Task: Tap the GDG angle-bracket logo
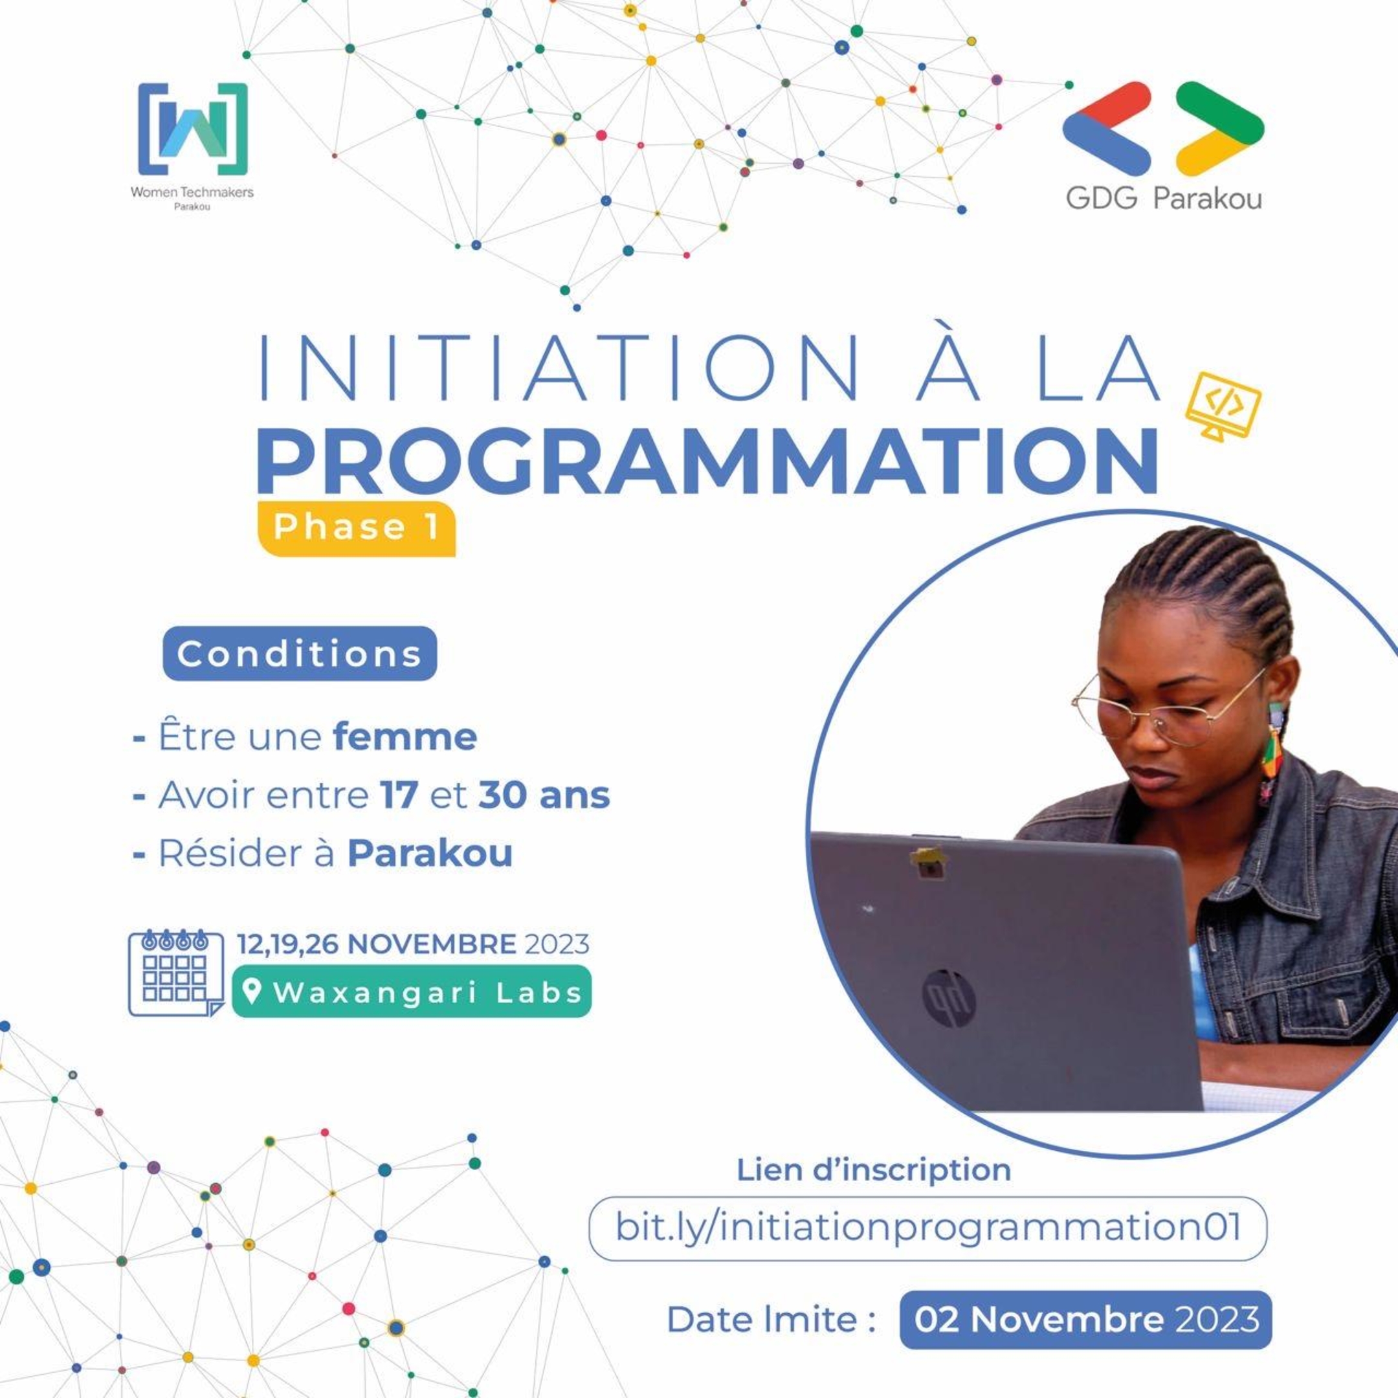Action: click(x=1163, y=128)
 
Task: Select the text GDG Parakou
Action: click(x=1164, y=197)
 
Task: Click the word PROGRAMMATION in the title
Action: click(x=707, y=461)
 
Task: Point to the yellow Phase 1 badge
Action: click(x=356, y=527)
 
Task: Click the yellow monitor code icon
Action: click(x=1223, y=405)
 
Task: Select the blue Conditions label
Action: click(x=300, y=654)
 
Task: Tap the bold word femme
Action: click(x=405, y=737)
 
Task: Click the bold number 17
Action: click(x=399, y=795)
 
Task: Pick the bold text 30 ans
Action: click(x=544, y=795)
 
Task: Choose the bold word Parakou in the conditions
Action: click(x=430, y=853)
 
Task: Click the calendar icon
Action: click(x=176, y=973)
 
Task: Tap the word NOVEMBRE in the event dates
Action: click(x=432, y=944)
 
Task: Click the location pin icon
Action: click(x=251, y=992)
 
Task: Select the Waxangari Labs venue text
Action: click(x=427, y=992)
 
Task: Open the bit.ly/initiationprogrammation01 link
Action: click(x=927, y=1227)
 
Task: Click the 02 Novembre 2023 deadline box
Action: click(x=1085, y=1319)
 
